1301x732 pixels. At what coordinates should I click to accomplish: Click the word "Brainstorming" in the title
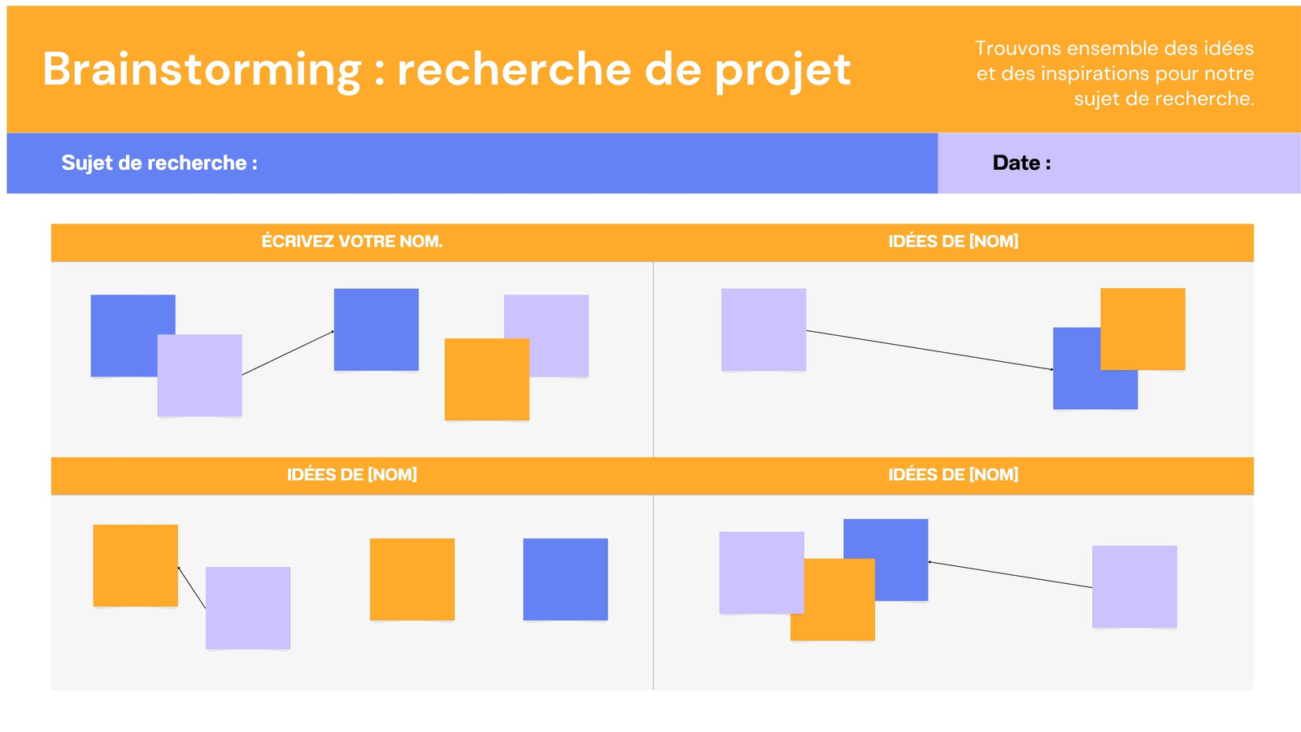[x=202, y=70]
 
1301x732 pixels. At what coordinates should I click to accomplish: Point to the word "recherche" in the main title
[x=514, y=69]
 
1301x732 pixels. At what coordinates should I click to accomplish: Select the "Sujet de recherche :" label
[x=159, y=163]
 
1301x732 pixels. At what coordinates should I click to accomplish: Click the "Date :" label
[x=1021, y=163]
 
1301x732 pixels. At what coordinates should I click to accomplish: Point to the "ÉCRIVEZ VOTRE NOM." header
[x=352, y=241]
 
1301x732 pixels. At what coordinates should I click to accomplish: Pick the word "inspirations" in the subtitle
[x=1094, y=74]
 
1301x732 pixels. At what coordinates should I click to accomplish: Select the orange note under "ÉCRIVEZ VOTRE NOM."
[x=487, y=379]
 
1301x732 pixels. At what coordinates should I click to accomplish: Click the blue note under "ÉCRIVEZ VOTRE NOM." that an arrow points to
[x=376, y=329]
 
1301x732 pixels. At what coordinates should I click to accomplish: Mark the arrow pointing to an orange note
[x=192, y=587]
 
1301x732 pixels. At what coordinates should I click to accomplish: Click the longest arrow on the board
[x=930, y=350]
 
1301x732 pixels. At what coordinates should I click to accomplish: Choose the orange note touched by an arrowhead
[x=135, y=565]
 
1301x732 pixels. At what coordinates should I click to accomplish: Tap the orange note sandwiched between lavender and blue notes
[x=833, y=599]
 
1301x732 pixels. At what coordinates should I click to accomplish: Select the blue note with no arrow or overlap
[x=566, y=579]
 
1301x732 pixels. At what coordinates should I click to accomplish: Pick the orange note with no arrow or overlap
[x=412, y=579]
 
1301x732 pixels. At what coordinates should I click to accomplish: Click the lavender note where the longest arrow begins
[x=764, y=329]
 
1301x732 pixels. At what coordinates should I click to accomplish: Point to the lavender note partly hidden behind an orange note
[x=559, y=317]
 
